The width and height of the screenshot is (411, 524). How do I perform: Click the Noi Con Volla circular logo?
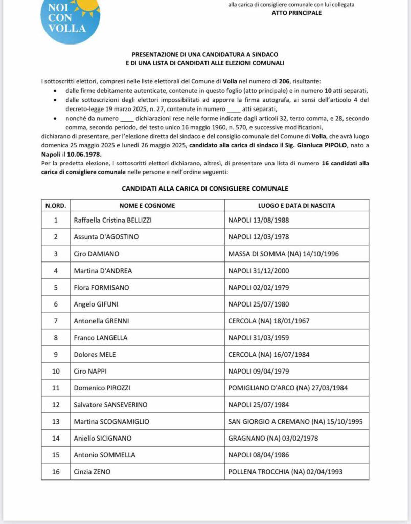click(x=70, y=19)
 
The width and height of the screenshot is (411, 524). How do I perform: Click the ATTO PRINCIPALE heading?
click(x=296, y=13)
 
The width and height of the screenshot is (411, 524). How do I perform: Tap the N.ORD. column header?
click(x=56, y=206)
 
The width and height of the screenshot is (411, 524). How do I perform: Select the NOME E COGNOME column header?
click(x=147, y=206)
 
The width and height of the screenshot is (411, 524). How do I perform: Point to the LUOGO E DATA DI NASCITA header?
click(x=296, y=206)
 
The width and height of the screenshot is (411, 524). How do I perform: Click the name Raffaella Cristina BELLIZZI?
click(x=113, y=220)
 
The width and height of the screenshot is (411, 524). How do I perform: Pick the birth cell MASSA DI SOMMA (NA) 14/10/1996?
click(x=283, y=254)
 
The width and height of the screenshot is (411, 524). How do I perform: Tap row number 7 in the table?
click(x=56, y=321)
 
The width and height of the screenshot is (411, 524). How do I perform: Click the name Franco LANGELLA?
click(x=101, y=338)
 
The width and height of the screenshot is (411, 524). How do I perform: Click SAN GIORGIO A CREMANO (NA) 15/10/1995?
click(x=295, y=422)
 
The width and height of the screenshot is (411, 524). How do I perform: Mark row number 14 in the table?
click(x=56, y=438)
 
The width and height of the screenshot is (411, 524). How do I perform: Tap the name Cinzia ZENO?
click(x=92, y=472)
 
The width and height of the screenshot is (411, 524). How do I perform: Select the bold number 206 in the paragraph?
click(x=285, y=81)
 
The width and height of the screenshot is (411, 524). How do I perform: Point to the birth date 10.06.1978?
click(x=86, y=154)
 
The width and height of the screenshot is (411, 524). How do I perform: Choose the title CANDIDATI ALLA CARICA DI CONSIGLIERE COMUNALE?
click(x=205, y=189)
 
